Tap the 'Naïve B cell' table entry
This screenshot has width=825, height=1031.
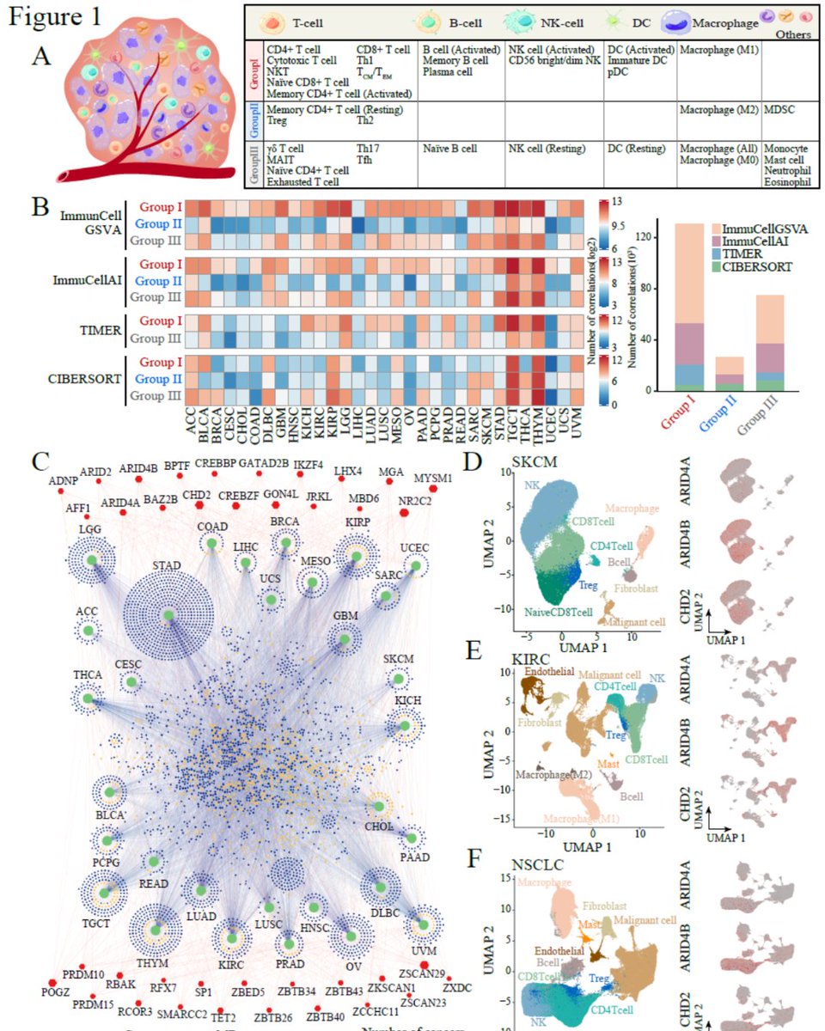coord(449,149)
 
